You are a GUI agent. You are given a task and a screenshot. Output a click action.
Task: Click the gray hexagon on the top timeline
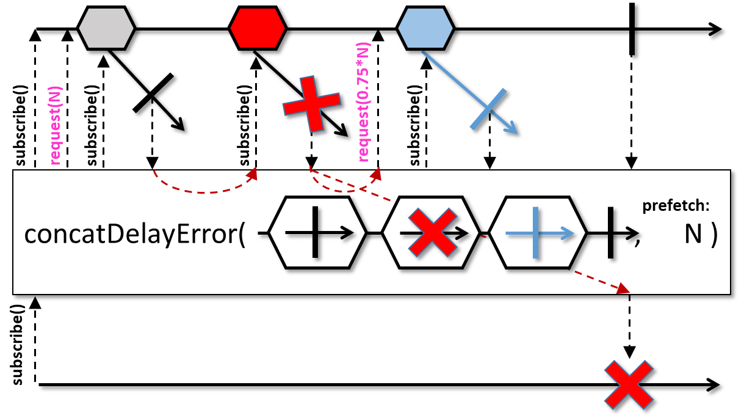click(106, 28)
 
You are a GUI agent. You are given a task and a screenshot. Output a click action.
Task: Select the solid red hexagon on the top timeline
click(258, 28)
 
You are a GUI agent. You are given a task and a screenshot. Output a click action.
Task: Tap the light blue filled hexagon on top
click(425, 28)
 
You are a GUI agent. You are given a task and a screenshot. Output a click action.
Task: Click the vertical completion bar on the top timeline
click(632, 29)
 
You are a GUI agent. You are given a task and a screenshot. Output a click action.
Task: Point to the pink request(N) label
click(56, 125)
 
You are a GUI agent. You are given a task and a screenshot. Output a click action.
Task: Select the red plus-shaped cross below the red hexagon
click(311, 104)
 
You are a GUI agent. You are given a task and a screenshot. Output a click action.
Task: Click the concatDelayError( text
click(134, 235)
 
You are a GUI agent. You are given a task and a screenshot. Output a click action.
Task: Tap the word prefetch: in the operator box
click(676, 206)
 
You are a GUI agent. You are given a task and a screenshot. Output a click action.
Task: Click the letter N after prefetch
click(693, 235)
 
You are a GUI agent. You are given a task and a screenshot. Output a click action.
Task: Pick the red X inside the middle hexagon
click(433, 232)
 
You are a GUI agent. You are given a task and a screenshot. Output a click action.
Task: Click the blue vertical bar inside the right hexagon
click(535, 232)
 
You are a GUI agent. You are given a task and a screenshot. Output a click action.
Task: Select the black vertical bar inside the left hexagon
click(315, 232)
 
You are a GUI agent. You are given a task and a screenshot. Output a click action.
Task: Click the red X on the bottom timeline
click(629, 385)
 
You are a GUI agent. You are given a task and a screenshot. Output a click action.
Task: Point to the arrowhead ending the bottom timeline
click(713, 385)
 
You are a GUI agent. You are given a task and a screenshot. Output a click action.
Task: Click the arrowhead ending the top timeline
click(715, 29)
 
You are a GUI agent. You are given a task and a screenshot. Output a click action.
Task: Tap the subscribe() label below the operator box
click(17, 345)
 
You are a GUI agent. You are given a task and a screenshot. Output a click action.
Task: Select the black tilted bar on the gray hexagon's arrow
click(153, 93)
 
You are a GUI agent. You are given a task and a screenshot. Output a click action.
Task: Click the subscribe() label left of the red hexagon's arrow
click(245, 125)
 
